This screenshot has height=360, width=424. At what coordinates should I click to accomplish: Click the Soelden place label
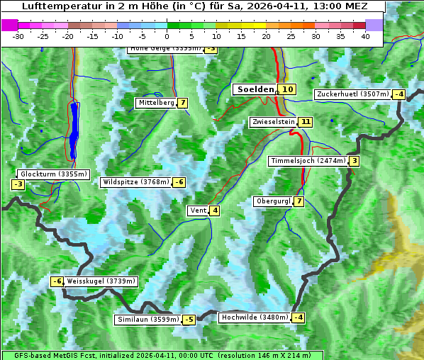pyautogui.click(x=255, y=89)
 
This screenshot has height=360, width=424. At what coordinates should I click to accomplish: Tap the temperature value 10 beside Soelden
pyautogui.click(x=287, y=89)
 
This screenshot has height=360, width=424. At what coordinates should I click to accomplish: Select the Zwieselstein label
pyautogui.click(x=273, y=122)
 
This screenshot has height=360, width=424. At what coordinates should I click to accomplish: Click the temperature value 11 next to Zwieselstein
pyautogui.click(x=306, y=122)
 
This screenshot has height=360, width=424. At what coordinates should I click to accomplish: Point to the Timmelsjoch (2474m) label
pyautogui.click(x=308, y=161)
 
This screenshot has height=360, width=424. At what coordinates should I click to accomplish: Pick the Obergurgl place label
pyautogui.click(x=273, y=201)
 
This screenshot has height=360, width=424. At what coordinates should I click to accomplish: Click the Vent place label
pyautogui.click(x=197, y=210)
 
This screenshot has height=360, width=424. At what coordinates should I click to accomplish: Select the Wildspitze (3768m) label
pyautogui.click(x=136, y=182)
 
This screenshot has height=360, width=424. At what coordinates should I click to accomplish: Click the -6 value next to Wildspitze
pyautogui.click(x=179, y=182)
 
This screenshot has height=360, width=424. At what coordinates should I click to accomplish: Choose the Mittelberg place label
pyautogui.click(x=156, y=103)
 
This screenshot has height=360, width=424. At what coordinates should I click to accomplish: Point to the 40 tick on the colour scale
pyautogui.click(x=365, y=35)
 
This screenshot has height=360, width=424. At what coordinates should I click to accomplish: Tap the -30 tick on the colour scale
pyautogui.click(x=18, y=35)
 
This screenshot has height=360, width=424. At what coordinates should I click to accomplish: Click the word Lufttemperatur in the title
pyautogui.click(x=56, y=6)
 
